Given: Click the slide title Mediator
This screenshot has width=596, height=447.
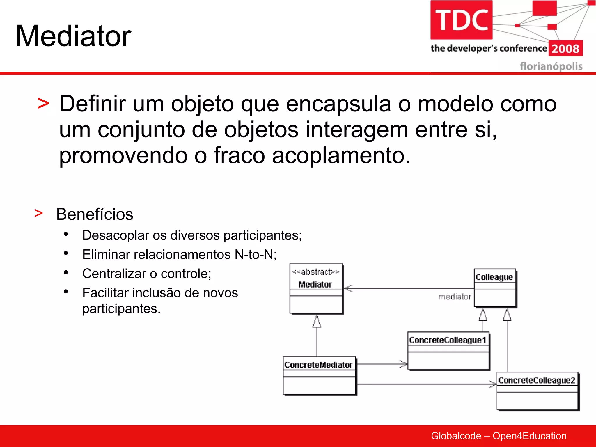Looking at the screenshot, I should [x=73, y=36].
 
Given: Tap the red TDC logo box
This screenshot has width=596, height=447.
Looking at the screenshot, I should [x=461, y=20].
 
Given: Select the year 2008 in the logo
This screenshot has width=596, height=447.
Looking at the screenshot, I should [x=565, y=49].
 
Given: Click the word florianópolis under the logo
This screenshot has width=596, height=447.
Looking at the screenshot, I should [x=551, y=66].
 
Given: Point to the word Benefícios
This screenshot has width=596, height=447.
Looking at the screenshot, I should [x=95, y=214].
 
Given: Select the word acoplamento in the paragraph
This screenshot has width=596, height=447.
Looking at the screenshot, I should [x=341, y=155].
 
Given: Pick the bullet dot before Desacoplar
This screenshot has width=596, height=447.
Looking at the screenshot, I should [x=66, y=234].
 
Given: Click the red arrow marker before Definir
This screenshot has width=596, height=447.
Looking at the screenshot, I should [x=43, y=104].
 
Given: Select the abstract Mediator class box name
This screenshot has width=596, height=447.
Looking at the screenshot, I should [x=315, y=284].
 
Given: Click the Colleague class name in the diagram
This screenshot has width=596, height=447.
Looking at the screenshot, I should [x=494, y=277].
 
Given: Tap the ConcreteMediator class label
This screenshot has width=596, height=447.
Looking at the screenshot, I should [x=318, y=365].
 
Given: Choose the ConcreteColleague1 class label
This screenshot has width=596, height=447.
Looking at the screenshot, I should [x=448, y=340].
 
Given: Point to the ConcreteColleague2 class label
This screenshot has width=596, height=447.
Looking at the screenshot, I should [x=537, y=380].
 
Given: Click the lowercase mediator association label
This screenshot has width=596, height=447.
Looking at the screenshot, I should [x=455, y=297].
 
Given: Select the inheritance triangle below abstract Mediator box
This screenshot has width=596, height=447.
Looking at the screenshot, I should [x=317, y=321].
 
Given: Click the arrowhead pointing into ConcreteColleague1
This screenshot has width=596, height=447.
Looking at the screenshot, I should [x=404, y=364].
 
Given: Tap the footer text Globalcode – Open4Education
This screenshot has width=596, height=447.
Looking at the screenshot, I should [x=499, y=436].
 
